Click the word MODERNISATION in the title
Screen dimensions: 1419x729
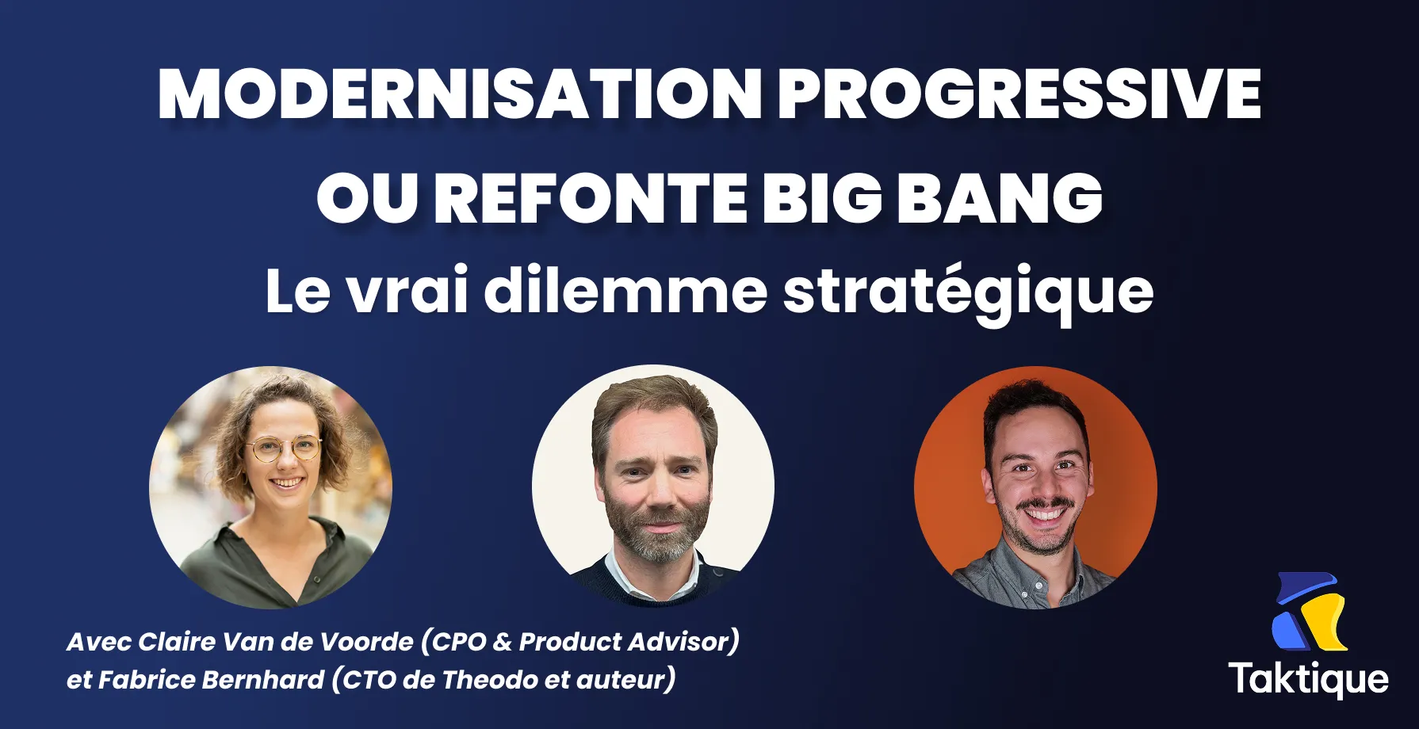(x=460, y=94)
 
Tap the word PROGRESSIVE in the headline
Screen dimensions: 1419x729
(x=1019, y=94)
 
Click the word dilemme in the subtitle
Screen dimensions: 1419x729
(x=625, y=291)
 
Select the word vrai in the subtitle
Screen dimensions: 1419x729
(x=408, y=291)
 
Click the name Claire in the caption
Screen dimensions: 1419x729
(x=177, y=641)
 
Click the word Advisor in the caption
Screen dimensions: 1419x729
(x=680, y=641)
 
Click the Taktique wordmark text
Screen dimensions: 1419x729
(x=1309, y=680)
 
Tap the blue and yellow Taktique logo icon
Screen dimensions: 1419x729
(x=1310, y=612)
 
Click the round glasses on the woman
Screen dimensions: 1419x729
(x=283, y=449)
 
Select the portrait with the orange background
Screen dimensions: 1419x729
(x=1035, y=487)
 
